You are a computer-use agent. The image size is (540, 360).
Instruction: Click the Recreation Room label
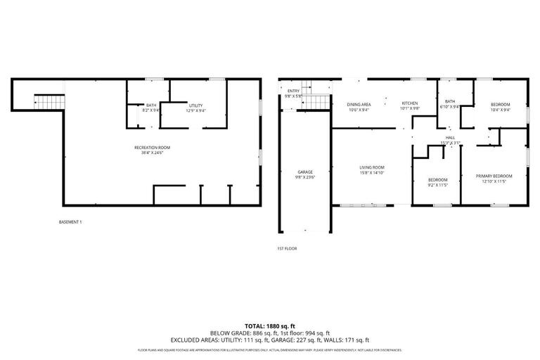click(153, 147)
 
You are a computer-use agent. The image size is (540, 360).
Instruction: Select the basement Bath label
click(151, 105)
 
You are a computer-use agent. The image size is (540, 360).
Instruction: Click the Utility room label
click(195, 105)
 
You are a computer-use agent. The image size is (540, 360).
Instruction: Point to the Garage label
click(304, 172)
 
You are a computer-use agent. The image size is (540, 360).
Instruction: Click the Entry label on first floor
click(293, 91)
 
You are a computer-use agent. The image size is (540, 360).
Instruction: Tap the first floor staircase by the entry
click(319, 103)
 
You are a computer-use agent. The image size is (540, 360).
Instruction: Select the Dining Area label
click(359, 104)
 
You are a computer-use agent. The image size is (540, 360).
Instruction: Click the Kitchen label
click(410, 103)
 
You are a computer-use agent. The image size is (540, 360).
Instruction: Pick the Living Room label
click(372, 167)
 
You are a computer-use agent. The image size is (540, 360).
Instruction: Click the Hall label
click(450, 137)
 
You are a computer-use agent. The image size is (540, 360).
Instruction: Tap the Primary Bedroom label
click(494, 176)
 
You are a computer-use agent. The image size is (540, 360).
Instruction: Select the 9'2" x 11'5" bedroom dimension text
click(437, 185)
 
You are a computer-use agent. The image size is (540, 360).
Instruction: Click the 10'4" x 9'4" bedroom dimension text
click(500, 110)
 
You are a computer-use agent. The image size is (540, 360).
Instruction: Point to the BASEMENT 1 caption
click(71, 222)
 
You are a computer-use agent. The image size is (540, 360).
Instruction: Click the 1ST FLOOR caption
click(287, 248)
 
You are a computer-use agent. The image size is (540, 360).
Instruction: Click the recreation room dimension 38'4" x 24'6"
click(153, 153)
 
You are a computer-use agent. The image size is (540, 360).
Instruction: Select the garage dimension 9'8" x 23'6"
click(304, 178)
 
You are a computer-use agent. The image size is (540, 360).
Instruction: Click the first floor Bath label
click(450, 102)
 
